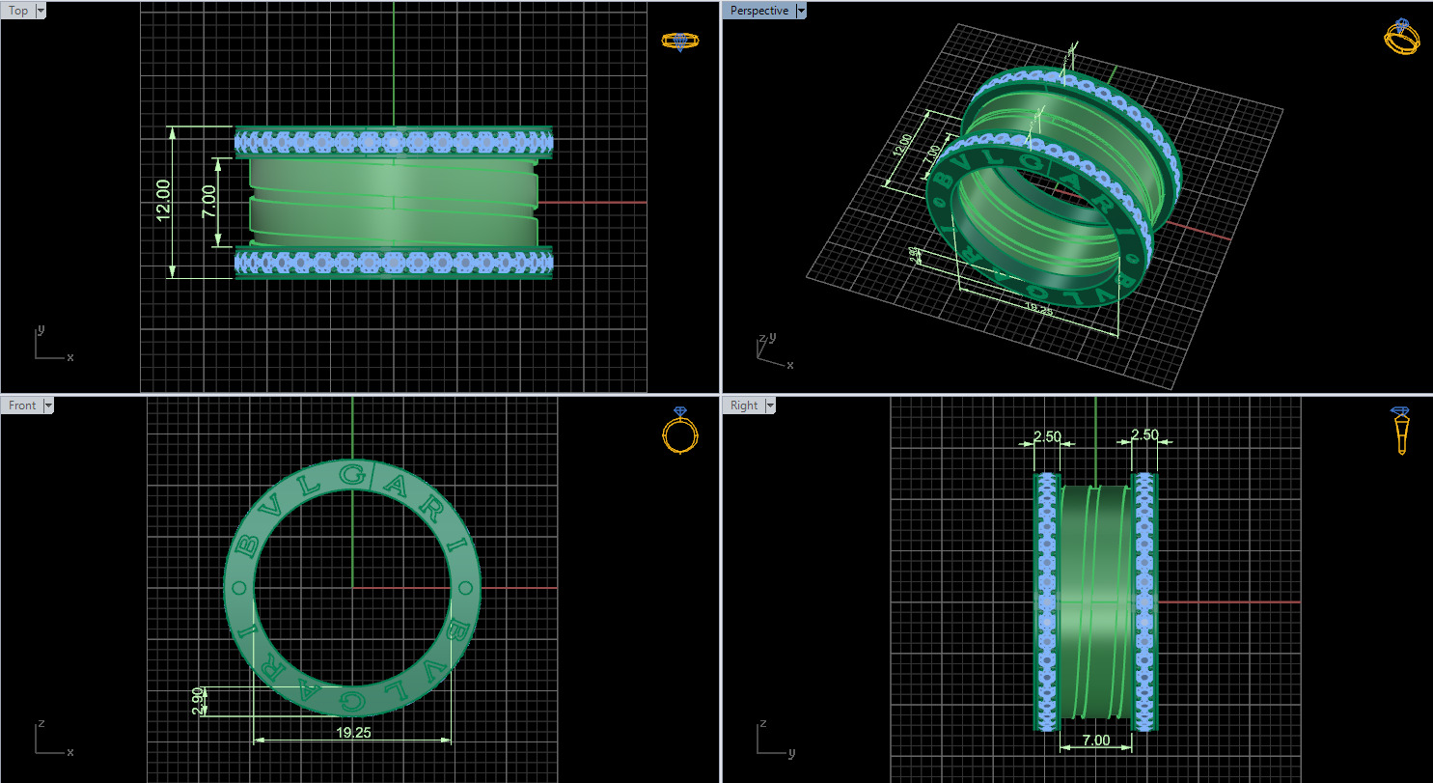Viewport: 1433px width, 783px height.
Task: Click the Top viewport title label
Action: pyautogui.click(x=18, y=11)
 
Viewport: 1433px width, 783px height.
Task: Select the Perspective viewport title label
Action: pyautogui.click(x=758, y=11)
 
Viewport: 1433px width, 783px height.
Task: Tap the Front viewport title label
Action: pyautogui.click(x=21, y=405)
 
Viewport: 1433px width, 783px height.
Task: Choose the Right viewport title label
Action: pyautogui.click(x=744, y=405)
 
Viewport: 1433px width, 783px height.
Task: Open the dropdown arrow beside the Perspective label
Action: pyautogui.click(x=800, y=11)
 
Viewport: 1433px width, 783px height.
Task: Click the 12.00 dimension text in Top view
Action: pyautogui.click(x=163, y=200)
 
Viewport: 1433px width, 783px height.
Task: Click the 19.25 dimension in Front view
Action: pyautogui.click(x=353, y=732)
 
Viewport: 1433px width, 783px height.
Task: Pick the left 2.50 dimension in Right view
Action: pyautogui.click(x=1046, y=436)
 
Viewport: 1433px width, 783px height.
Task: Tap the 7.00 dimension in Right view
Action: pyautogui.click(x=1095, y=741)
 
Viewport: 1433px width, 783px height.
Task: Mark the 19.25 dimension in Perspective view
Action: pyautogui.click(x=1037, y=309)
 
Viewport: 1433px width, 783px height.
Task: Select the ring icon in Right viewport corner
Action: pyautogui.click(x=1401, y=431)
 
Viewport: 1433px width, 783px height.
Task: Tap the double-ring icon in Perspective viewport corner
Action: pyautogui.click(x=1401, y=37)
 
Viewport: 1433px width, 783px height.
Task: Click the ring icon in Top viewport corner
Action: pyautogui.click(x=680, y=41)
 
